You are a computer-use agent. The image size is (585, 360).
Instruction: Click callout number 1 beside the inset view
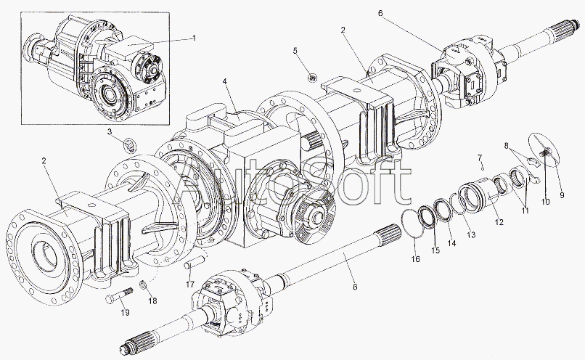pyautogui.click(x=194, y=38)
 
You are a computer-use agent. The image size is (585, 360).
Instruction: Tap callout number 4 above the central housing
pyautogui.click(x=225, y=81)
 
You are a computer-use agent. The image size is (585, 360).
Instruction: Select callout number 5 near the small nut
pyautogui.click(x=295, y=51)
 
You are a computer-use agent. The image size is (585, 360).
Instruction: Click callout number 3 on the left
pyautogui.click(x=110, y=131)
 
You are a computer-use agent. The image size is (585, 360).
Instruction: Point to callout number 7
pyautogui.click(x=480, y=157)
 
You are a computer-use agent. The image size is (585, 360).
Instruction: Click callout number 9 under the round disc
pyautogui.click(x=562, y=195)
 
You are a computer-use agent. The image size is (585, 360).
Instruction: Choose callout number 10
pyautogui.click(x=546, y=202)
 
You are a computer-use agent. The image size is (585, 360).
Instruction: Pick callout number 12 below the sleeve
pyautogui.click(x=499, y=222)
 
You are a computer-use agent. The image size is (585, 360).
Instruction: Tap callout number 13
pyautogui.click(x=471, y=234)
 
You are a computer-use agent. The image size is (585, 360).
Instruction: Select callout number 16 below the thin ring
pyautogui.click(x=415, y=259)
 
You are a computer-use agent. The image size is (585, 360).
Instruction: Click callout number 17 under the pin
pyautogui.click(x=190, y=285)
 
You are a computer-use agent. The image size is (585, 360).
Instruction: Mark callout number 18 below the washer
pyautogui.click(x=152, y=301)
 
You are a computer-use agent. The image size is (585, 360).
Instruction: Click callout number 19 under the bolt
pyautogui.click(x=125, y=313)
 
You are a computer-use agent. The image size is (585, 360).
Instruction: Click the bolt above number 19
pyautogui.click(x=120, y=294)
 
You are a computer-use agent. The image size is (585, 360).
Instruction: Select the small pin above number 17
pyautogui.click(x=193, y=266)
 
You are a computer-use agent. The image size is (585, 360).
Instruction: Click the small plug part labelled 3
pyautogui.click(x=129, y=144)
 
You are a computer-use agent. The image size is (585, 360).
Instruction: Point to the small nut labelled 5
pyautogui.click(x=312, y=77)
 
